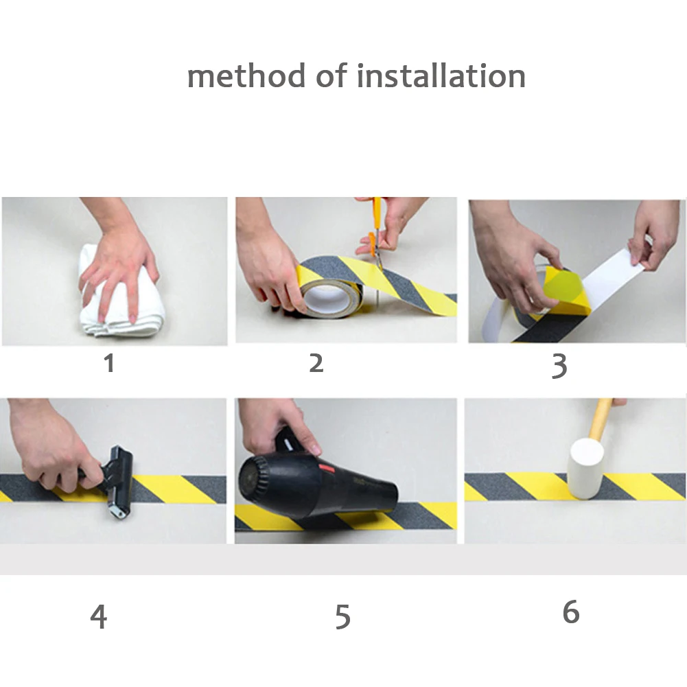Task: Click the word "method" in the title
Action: [x=246, y=75]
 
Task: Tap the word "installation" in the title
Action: [x=441, y=75]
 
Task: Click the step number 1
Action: [x=109, y=363]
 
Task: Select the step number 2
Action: [x=316, y=363]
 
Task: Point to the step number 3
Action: [x=559, y=366]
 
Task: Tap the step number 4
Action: [x=99, y=616]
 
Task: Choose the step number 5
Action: [x=342, y=617]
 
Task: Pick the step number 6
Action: [x=571, y=611]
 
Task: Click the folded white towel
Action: [x=121, y=294]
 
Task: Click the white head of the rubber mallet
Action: [x=586, y=469]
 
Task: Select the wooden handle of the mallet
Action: [x=601, y=418]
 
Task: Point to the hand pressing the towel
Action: [x=118, y=263]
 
